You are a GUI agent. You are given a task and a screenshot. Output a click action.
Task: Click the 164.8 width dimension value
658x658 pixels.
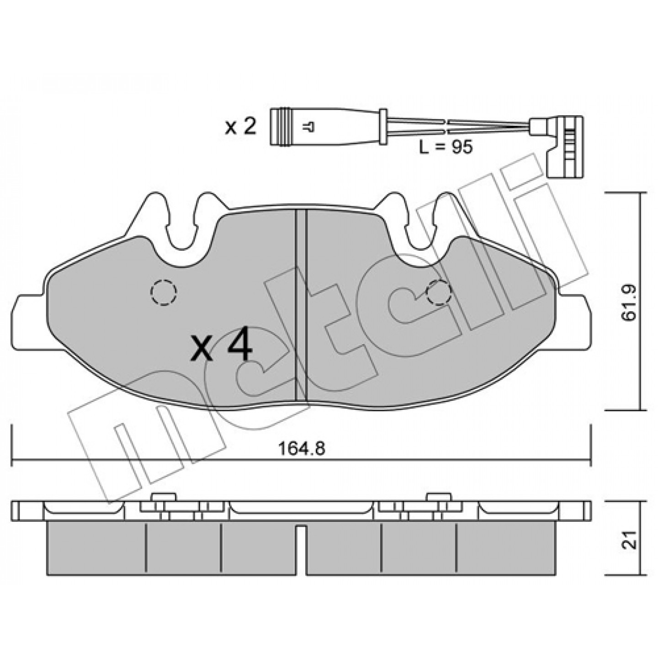(302, 448)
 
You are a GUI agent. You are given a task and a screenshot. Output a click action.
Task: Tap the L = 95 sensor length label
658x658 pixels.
(446, 147)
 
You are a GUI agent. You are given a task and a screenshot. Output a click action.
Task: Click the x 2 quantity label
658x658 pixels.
(240, 127)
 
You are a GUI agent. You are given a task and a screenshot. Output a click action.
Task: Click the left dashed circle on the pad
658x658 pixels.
(164, 292)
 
